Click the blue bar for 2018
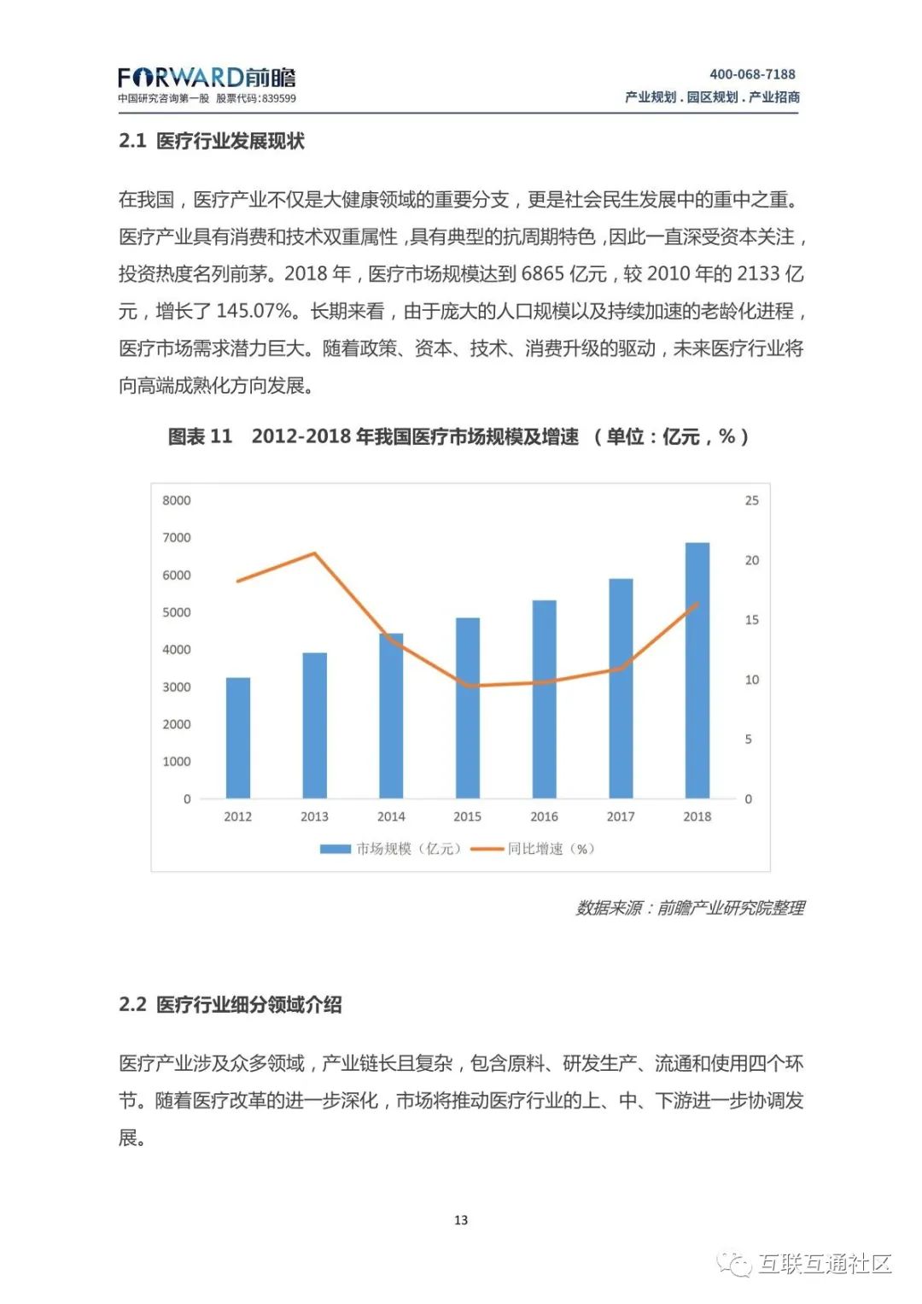pos(697,670)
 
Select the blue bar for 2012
pos(237,738)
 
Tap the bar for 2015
pos(467,708)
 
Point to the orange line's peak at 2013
pos(314,553)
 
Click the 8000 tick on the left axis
pos(177,500)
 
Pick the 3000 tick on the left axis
pos(177,687)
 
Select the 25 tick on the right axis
pos(751,500)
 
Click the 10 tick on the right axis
pos(751,680)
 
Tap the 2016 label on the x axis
pos(544,816)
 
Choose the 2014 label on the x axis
pos(391,816)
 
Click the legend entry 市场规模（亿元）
pos(391,849)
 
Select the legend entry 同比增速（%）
pos(533,849)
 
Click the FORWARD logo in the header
pos(207,79)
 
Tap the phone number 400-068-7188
pos(752,74)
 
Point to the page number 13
pos(461,1220)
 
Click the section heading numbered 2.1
pos(212,141)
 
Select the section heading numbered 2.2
pos(230,1004)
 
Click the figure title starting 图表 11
pos(458,436)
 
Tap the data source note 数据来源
pos(690,908)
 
